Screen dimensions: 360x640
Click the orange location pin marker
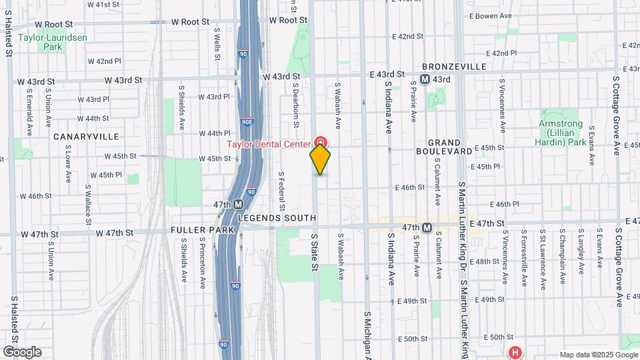320,159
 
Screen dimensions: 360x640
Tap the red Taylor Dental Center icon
321,143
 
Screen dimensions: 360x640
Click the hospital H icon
514,352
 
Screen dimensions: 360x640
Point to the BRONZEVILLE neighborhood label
454,67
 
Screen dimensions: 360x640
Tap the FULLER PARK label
203,230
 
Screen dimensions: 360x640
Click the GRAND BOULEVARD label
454,147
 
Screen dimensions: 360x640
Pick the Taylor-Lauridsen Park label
44,43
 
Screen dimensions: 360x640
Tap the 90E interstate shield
247,121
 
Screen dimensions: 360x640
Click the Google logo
22,352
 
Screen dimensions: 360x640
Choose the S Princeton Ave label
203,265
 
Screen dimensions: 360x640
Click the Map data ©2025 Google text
598,355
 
